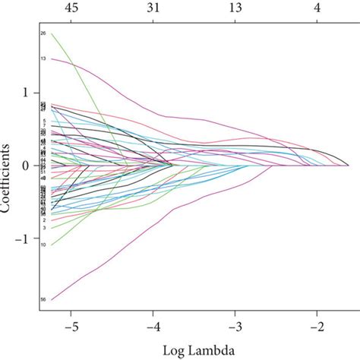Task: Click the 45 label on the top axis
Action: point(72,8)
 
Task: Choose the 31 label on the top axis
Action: point(154,8)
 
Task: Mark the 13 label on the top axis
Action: point(237,8)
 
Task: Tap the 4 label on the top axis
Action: point(319,8)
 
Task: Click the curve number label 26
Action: point(43,33)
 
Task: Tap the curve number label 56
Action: point(43,301)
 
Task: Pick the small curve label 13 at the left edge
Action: point(43,58)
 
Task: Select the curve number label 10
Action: point(43,245)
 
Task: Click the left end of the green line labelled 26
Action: point(52,33)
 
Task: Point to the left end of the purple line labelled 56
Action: point(52,300)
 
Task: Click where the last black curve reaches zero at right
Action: point(348,165)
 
